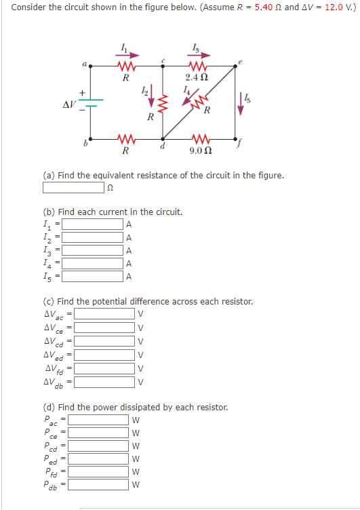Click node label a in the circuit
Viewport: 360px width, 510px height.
85,64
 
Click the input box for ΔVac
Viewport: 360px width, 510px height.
104,314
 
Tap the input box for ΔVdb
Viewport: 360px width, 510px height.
104,381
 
